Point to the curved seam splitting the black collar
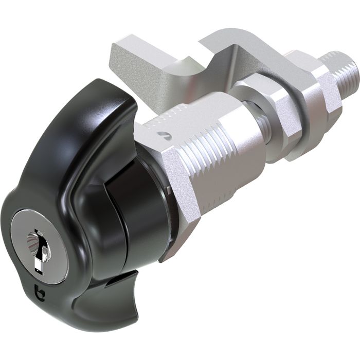coord(121,201)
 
